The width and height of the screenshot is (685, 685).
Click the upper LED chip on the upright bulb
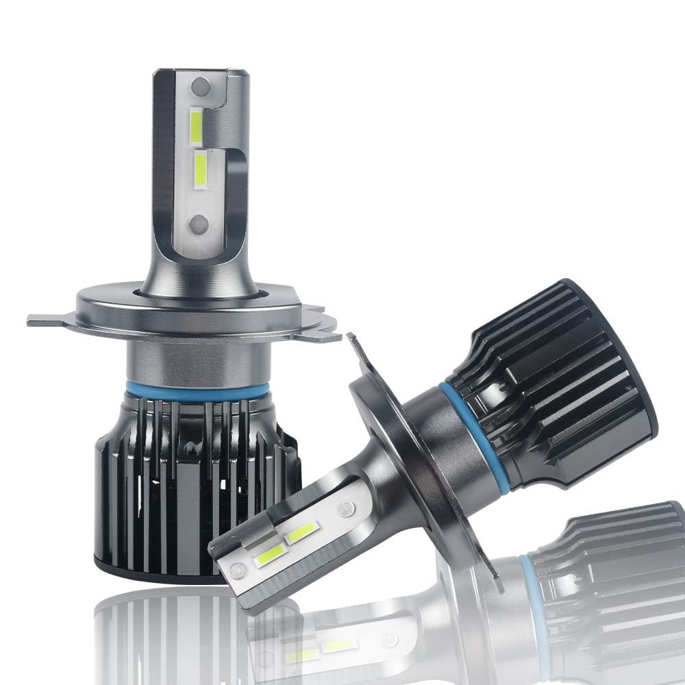(x=195, y=126)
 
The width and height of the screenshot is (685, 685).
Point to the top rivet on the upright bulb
(x=200, y=86)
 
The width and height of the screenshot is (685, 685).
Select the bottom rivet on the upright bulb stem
(x=199, y=222)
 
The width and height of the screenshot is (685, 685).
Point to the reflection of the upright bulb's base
(x=171, y=630)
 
